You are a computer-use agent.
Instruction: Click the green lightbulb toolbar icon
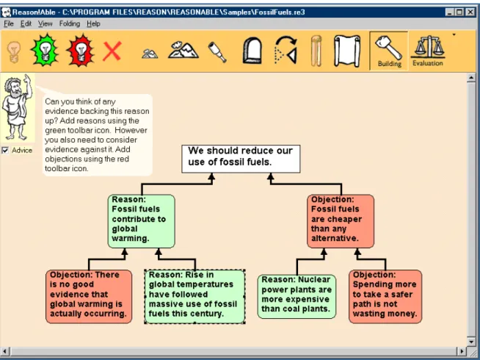pos(45,50)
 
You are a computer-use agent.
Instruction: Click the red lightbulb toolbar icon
pos(81,50)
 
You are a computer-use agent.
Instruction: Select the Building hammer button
pos(389,51)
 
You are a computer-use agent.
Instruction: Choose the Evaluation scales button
pos(428,51)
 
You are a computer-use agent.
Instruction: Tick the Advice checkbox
pos(5,150)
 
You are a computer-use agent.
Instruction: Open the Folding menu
pos(70,24)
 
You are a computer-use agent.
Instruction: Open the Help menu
pos(93,24)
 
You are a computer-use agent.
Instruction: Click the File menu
pos(9,24)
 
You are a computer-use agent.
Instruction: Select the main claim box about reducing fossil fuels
pos(241,159)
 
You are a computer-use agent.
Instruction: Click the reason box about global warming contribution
pos(142,221)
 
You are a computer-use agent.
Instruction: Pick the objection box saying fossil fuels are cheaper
pos(341,221)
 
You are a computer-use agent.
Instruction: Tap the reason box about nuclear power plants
pos(297,296)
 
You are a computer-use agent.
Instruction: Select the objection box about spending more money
pos(385,296)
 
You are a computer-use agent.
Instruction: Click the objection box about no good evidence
pos(89,296)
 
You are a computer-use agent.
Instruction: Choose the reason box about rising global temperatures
pos(194,296)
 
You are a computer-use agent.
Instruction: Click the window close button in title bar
pos(470,12)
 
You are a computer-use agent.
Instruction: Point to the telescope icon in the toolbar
pos(217,51)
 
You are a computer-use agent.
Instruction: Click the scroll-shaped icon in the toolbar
pos(347,51)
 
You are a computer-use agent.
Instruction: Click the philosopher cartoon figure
pos(17,107)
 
